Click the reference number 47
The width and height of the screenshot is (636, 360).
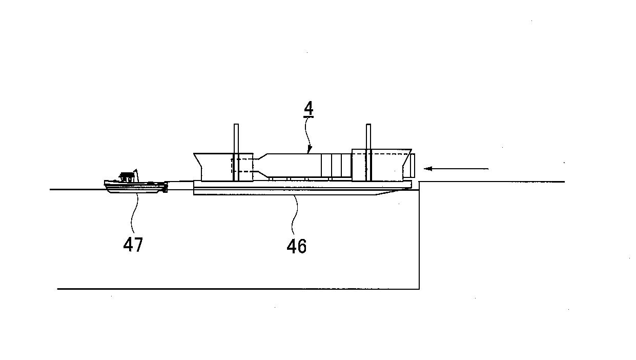(x=133, y=244)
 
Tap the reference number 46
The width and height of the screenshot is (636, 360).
(x=297, y=246)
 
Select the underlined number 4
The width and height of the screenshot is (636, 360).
(x=309, y=109)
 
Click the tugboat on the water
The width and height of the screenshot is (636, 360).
(x=136, y=182)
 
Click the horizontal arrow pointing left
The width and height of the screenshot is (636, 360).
(x=456, y=169)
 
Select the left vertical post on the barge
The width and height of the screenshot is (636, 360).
(x=236, y=152)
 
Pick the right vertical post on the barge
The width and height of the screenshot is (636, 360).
(x=368, y=152)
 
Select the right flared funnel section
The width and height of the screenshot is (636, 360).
(x=382, y=165)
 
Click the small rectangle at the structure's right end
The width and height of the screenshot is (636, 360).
(x=413, y=165)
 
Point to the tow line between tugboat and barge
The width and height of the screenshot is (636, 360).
(x=180, y=182)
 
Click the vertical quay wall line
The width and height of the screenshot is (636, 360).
(x=419, y=235)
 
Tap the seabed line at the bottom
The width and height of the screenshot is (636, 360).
(x=238, y=289)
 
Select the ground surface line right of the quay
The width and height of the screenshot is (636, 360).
(x=492, y=182)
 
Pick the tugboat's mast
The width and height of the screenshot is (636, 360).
(x=136, y=175)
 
